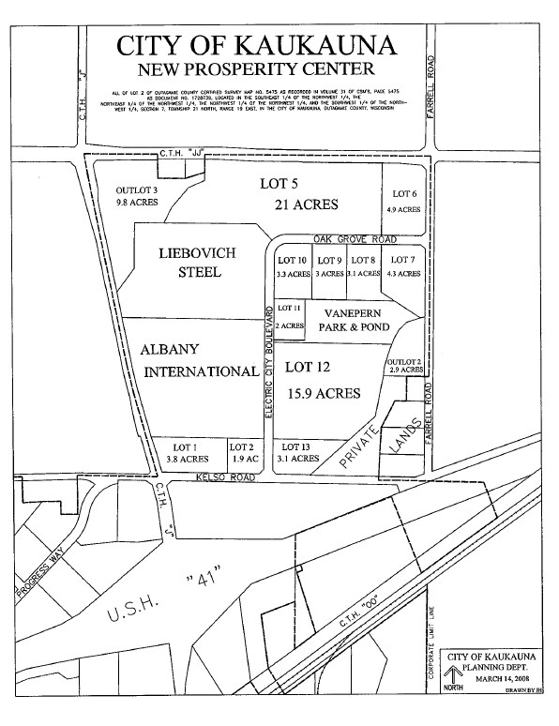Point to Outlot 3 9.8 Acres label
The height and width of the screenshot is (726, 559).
click(137, 194)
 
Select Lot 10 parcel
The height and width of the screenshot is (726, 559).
click(293, 266)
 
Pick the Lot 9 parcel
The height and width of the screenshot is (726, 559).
click(328, 266)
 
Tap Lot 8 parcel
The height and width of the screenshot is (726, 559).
click(363, 266)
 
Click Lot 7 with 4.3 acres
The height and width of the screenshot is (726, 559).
click(402, 266)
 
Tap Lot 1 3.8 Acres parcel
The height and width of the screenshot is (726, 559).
click(187, 453)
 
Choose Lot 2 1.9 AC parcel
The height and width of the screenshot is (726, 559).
click(242, 453)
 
